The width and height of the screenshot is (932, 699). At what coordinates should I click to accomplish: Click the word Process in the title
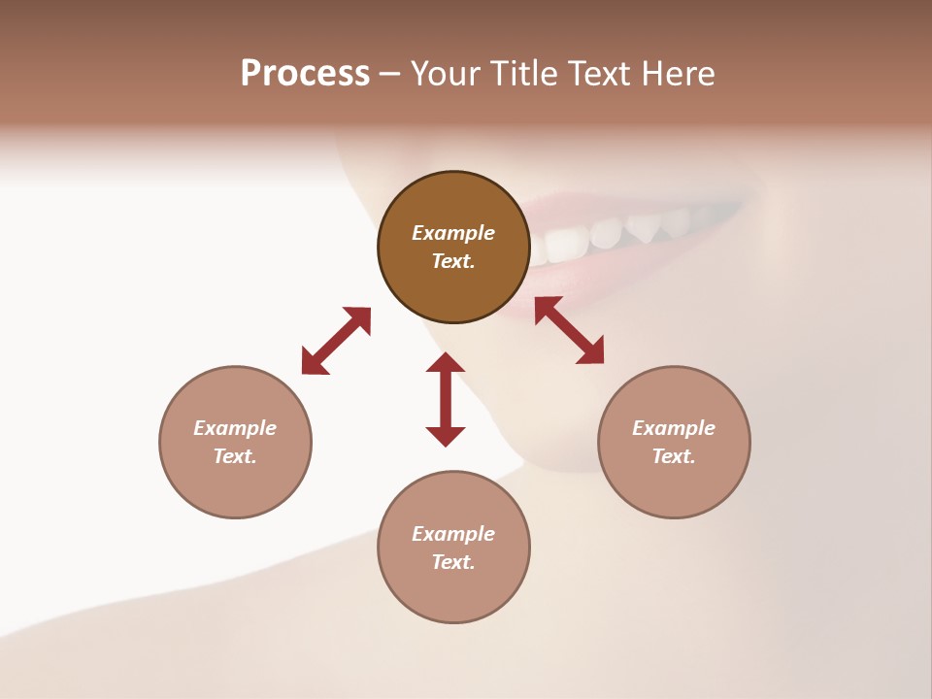(x=305, y=74)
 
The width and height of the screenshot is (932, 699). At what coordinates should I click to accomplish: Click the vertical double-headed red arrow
(x=446, y=399)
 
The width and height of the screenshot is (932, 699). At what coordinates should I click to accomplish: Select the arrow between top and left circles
(x=336, y=341)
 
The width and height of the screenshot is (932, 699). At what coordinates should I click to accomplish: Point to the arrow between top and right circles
(x=569, y=330)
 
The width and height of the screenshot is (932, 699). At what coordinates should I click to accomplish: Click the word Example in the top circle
(x=453, y=233)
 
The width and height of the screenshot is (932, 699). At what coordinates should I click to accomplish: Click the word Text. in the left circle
(x=235, y=456)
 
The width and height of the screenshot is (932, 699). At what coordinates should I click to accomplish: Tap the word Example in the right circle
(x=674, y=428)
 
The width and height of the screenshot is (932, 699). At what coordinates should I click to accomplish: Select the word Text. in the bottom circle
(x=453, y=562)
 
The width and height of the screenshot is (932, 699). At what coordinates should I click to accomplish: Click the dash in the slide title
(x=389, y=74)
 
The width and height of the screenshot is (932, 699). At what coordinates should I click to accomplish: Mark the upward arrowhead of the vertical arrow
(x=446, y=363)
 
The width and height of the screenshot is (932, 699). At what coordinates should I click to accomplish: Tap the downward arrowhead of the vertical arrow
(x=446, y=436)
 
